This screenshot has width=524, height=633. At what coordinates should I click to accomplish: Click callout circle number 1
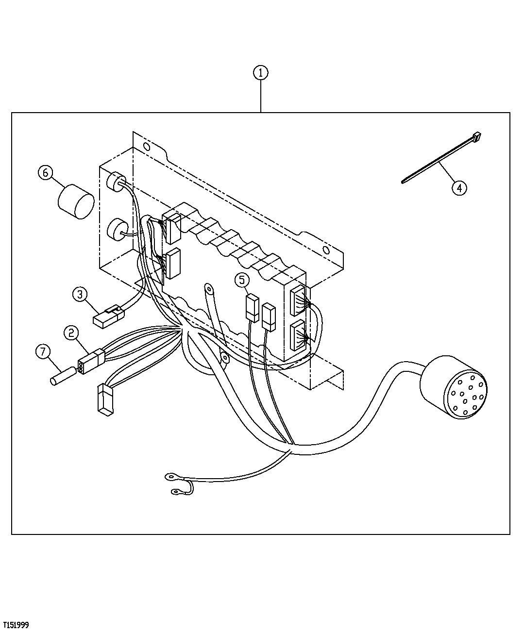pos(260,73)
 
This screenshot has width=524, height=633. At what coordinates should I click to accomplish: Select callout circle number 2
pos(71,333)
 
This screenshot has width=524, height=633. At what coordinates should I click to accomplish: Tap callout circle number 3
pos(80,294)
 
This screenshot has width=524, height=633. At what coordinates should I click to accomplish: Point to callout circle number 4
pos(459,187)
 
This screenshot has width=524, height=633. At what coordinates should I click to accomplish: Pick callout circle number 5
pos(242,280)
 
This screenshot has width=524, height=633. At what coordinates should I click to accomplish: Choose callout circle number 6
pos(46,173)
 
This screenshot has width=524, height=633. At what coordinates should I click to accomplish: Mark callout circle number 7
pos(43,351)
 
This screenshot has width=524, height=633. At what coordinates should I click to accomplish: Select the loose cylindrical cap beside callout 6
pos(76,201)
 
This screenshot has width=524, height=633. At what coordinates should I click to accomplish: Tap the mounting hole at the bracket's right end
pos(326,251)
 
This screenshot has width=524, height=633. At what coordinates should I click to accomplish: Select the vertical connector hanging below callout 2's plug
pos(104,400)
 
